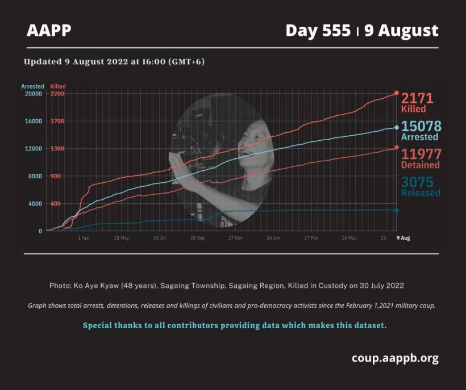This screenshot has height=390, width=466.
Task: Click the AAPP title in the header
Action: click(49, 30)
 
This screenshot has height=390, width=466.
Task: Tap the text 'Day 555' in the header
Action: click(318, 31)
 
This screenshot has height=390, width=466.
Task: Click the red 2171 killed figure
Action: click(417, 98)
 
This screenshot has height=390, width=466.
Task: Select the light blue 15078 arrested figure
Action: click(422, 126)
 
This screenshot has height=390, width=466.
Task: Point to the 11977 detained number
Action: click(422, 154)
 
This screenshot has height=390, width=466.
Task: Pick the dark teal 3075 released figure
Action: click(417, 182)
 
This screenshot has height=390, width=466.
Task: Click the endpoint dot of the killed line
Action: click(397, 93)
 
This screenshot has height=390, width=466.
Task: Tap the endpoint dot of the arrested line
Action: click(397, 128)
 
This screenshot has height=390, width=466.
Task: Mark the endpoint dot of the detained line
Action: click(397, 147)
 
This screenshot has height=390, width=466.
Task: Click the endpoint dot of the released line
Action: click(397, 211)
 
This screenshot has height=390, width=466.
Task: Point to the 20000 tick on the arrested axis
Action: click(34, 94)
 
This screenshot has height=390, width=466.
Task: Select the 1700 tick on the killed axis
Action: click(57, 121)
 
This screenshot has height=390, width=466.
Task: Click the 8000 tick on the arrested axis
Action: click(35, 176)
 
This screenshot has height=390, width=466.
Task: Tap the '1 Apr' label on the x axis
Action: click(83, 238)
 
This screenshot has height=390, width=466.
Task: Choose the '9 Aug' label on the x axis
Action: click(403, 238)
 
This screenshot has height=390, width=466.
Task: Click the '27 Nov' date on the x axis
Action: click(235, 238)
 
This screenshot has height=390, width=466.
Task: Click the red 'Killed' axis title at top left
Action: click(57, 86)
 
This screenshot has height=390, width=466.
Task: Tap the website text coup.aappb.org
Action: click(395, 358)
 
